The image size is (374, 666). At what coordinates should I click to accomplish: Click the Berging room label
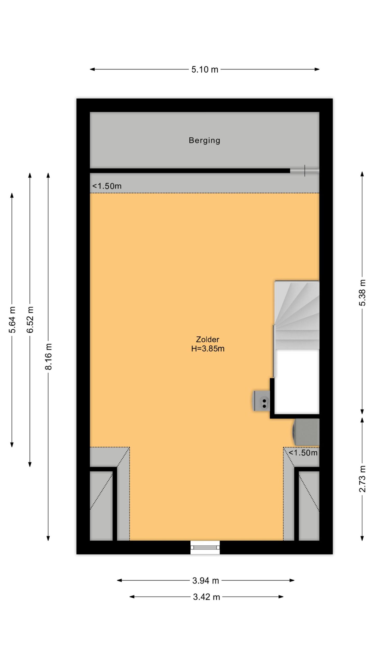[x=204, y=140]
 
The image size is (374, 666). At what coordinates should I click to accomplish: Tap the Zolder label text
[x=208, y=339]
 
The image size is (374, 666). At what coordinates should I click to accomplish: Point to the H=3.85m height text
[x=208, y=349]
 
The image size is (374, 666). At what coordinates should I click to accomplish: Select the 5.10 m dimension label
[x=205, y=69]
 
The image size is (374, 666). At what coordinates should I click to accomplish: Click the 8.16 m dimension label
[x=49, y=356]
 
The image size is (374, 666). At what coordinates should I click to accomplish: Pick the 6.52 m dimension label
[x=30, y=319]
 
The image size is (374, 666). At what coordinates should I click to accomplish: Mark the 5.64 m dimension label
[x=12, y=319]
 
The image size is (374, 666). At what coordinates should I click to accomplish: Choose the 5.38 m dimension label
[x=363, y=292]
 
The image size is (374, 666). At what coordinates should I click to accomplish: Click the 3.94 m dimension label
[x=205, y=580]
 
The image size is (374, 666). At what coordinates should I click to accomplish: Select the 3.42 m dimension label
[x=206, y=597]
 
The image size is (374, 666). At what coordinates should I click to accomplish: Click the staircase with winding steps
[x=297, y=315]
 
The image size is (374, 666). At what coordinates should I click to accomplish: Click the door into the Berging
[x=305, y=171]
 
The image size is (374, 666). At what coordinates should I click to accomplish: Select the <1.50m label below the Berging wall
[x=107, y=186]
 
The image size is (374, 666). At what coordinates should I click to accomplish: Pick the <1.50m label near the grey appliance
[x=303, y=453]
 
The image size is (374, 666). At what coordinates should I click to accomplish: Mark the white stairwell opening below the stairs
[x=297, y=382]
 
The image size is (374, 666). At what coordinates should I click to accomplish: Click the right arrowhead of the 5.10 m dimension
[x=317, y=69]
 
